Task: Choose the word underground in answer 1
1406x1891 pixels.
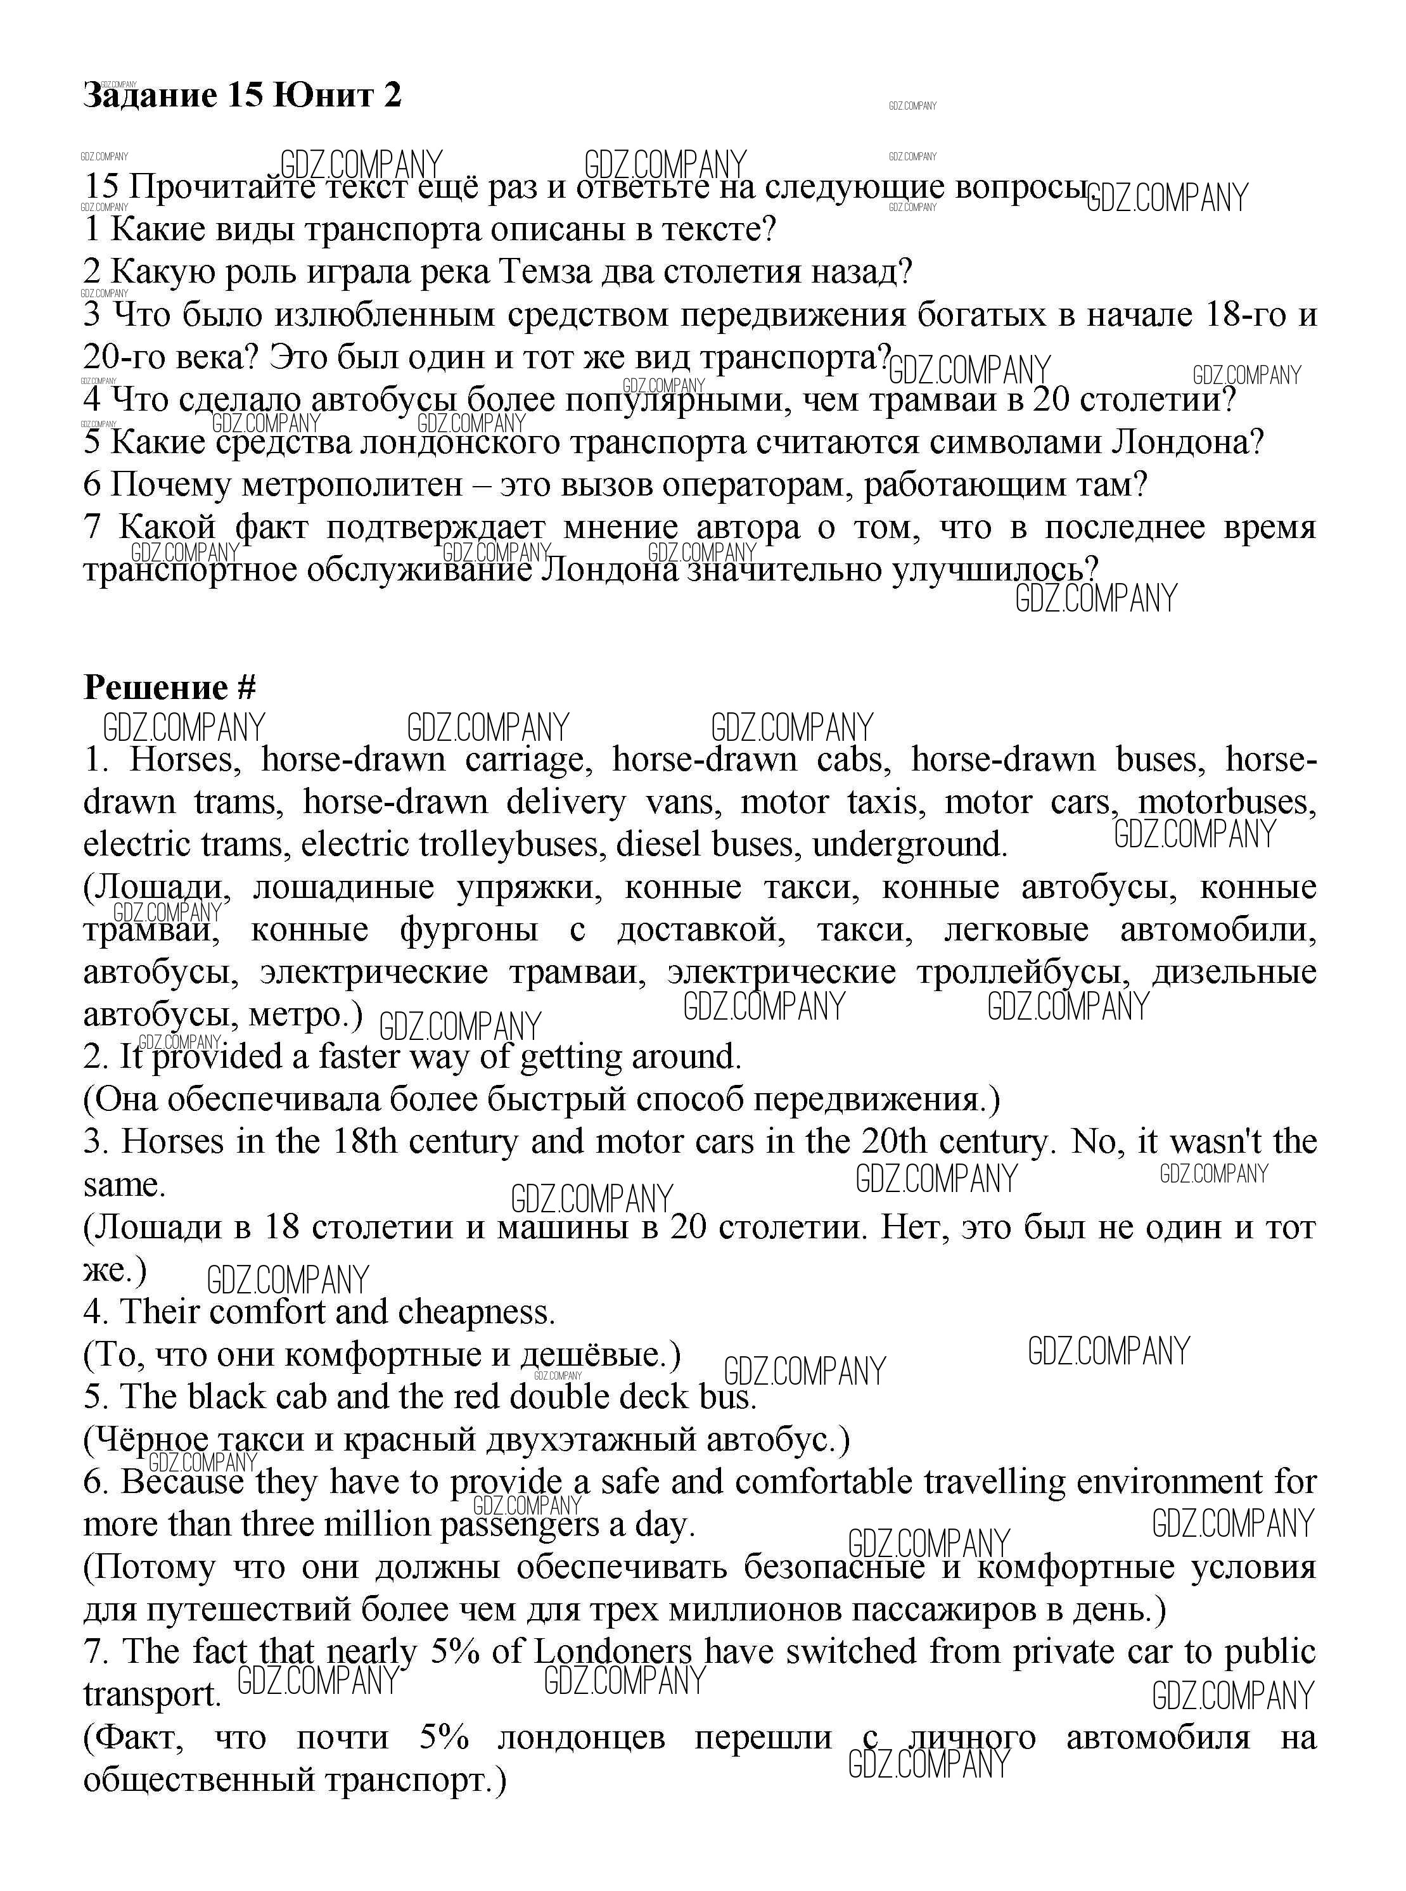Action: click(910, 845)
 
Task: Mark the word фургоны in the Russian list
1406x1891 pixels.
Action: click(469, 930)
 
